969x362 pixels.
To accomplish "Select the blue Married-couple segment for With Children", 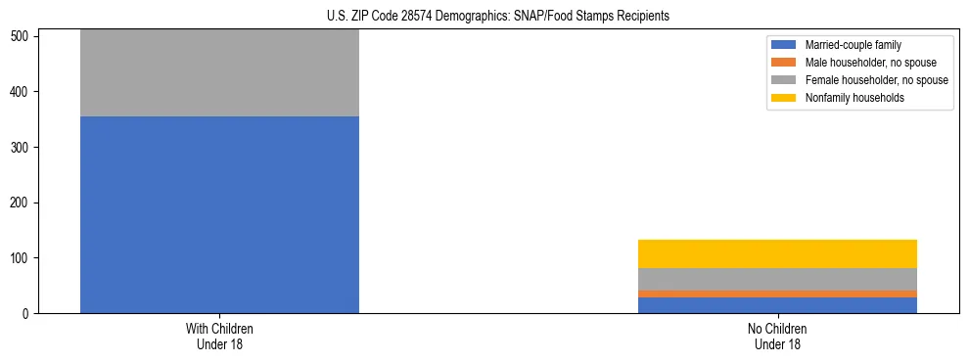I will point(219,214).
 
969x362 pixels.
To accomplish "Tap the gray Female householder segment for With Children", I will point(219,73).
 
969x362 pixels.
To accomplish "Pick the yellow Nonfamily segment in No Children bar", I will point(777,253).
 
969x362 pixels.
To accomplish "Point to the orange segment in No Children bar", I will point(777,294).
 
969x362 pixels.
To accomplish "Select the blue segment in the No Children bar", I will point(777,305).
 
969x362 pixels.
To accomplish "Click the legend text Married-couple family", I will point(853,45).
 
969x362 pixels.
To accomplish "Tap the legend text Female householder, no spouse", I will point(876,80).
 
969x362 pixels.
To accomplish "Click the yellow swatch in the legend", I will point(784,98).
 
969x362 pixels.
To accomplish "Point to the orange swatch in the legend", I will point(784,63).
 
